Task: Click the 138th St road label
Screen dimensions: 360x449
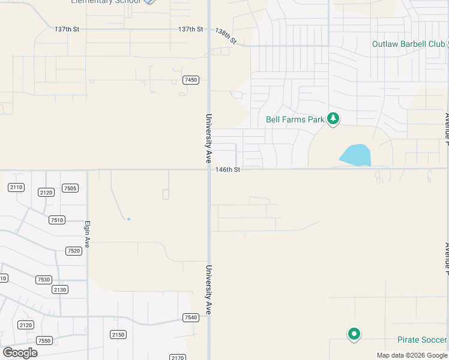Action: [x=226, y=37]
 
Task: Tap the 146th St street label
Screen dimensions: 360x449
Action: [x=228, y=170]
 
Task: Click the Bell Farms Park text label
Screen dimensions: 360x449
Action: [x=295, y=119]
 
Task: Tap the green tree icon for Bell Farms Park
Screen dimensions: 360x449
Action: [x=333, y=119]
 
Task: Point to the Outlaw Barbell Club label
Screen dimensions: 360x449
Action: [x=408, y=44]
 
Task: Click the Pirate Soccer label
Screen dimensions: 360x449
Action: [x=422, y=340]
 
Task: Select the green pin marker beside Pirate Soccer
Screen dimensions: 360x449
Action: [x=354, y=334]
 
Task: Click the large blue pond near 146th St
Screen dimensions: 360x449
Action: [x=356, y=155]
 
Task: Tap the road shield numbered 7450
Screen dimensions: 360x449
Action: [x=191, y=80]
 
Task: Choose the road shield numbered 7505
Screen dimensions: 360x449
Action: [x=70, y=188]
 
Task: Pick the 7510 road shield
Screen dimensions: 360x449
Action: [x=57, y=220]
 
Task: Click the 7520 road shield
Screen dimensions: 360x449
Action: [x=74, y=251]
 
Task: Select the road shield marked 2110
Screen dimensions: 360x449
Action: [x=16, y=187]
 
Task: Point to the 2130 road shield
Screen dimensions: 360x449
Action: [x=60, y=290]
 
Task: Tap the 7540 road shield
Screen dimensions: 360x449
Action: [x=191, y=317]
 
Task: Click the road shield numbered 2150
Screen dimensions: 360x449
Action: [x=118, y=334]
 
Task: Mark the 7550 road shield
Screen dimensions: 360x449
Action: [x=44, y=340]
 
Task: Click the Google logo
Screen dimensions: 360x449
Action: [x=20, y=352]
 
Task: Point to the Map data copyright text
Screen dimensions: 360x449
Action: [x=412, y=355]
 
